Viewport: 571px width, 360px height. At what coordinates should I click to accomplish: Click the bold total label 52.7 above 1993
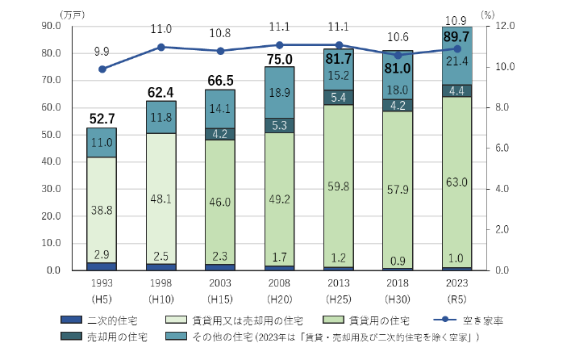[102, 119]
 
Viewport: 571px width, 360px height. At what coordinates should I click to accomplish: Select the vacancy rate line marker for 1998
[161, 48]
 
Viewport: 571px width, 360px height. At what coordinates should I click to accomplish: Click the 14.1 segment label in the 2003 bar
[220, 108]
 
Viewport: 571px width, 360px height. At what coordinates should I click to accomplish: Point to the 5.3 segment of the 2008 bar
[280, 125]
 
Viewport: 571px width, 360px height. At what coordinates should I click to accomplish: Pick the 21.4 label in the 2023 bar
[457, 61]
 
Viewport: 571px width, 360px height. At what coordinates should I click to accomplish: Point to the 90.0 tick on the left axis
[51, 26]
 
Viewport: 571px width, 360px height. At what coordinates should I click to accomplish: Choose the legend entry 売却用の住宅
[117, 337]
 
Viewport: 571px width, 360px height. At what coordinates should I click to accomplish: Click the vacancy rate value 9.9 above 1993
[102, 51]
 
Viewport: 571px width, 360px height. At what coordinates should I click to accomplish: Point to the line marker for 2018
[398, 56]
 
